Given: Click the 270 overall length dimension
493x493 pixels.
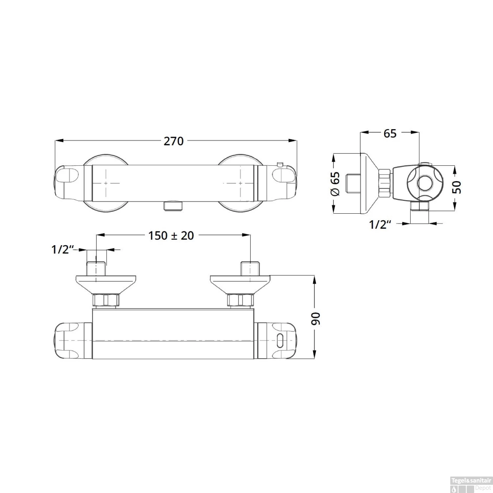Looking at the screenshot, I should pos(174,141).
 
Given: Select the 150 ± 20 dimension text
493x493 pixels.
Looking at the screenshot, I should pos(171,235).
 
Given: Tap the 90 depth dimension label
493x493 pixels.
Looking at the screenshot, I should pos(316,318).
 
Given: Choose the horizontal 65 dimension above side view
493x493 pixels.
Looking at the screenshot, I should pos(390,133).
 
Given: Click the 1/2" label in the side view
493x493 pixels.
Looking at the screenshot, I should pos(380,224).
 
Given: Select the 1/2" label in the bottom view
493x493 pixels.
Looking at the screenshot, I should pos(62,249).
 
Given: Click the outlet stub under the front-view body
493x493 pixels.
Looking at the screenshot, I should pos(172,206).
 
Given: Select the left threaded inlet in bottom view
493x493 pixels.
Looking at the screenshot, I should pos(96,268).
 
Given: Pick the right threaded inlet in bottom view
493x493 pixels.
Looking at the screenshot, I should pos(250,268).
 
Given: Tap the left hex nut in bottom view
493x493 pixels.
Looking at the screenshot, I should pos(106,300).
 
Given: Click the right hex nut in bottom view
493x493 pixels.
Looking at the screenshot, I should pos(240,300).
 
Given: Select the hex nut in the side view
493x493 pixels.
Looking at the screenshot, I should pos(385,183).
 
